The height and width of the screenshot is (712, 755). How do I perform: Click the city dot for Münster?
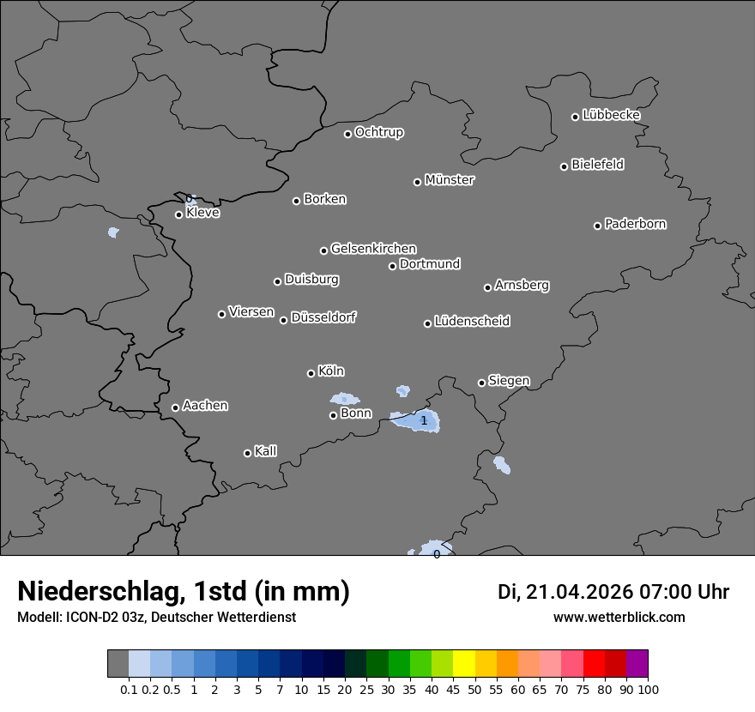418,182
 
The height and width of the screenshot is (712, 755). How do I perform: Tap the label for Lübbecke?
611,115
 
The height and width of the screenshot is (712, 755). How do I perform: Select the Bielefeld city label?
597,165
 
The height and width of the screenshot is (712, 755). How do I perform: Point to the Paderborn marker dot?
598,226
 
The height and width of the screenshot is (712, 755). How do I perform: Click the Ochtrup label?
378,132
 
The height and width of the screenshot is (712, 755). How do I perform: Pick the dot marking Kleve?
179,214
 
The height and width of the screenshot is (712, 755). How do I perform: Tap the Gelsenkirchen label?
373,249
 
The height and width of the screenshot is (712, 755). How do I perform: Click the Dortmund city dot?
393,266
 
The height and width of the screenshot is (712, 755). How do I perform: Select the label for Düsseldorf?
323,317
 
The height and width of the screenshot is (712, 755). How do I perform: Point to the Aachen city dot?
176,407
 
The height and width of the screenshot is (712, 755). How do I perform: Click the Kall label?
265,451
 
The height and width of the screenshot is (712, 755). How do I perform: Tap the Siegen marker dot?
481,383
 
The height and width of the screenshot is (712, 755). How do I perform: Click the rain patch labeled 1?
417,420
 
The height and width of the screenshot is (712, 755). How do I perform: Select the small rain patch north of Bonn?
345,399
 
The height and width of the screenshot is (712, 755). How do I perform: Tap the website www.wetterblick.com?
619,618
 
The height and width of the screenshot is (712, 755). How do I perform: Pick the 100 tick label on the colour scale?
649,689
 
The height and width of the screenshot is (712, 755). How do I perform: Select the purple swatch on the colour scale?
637,664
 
